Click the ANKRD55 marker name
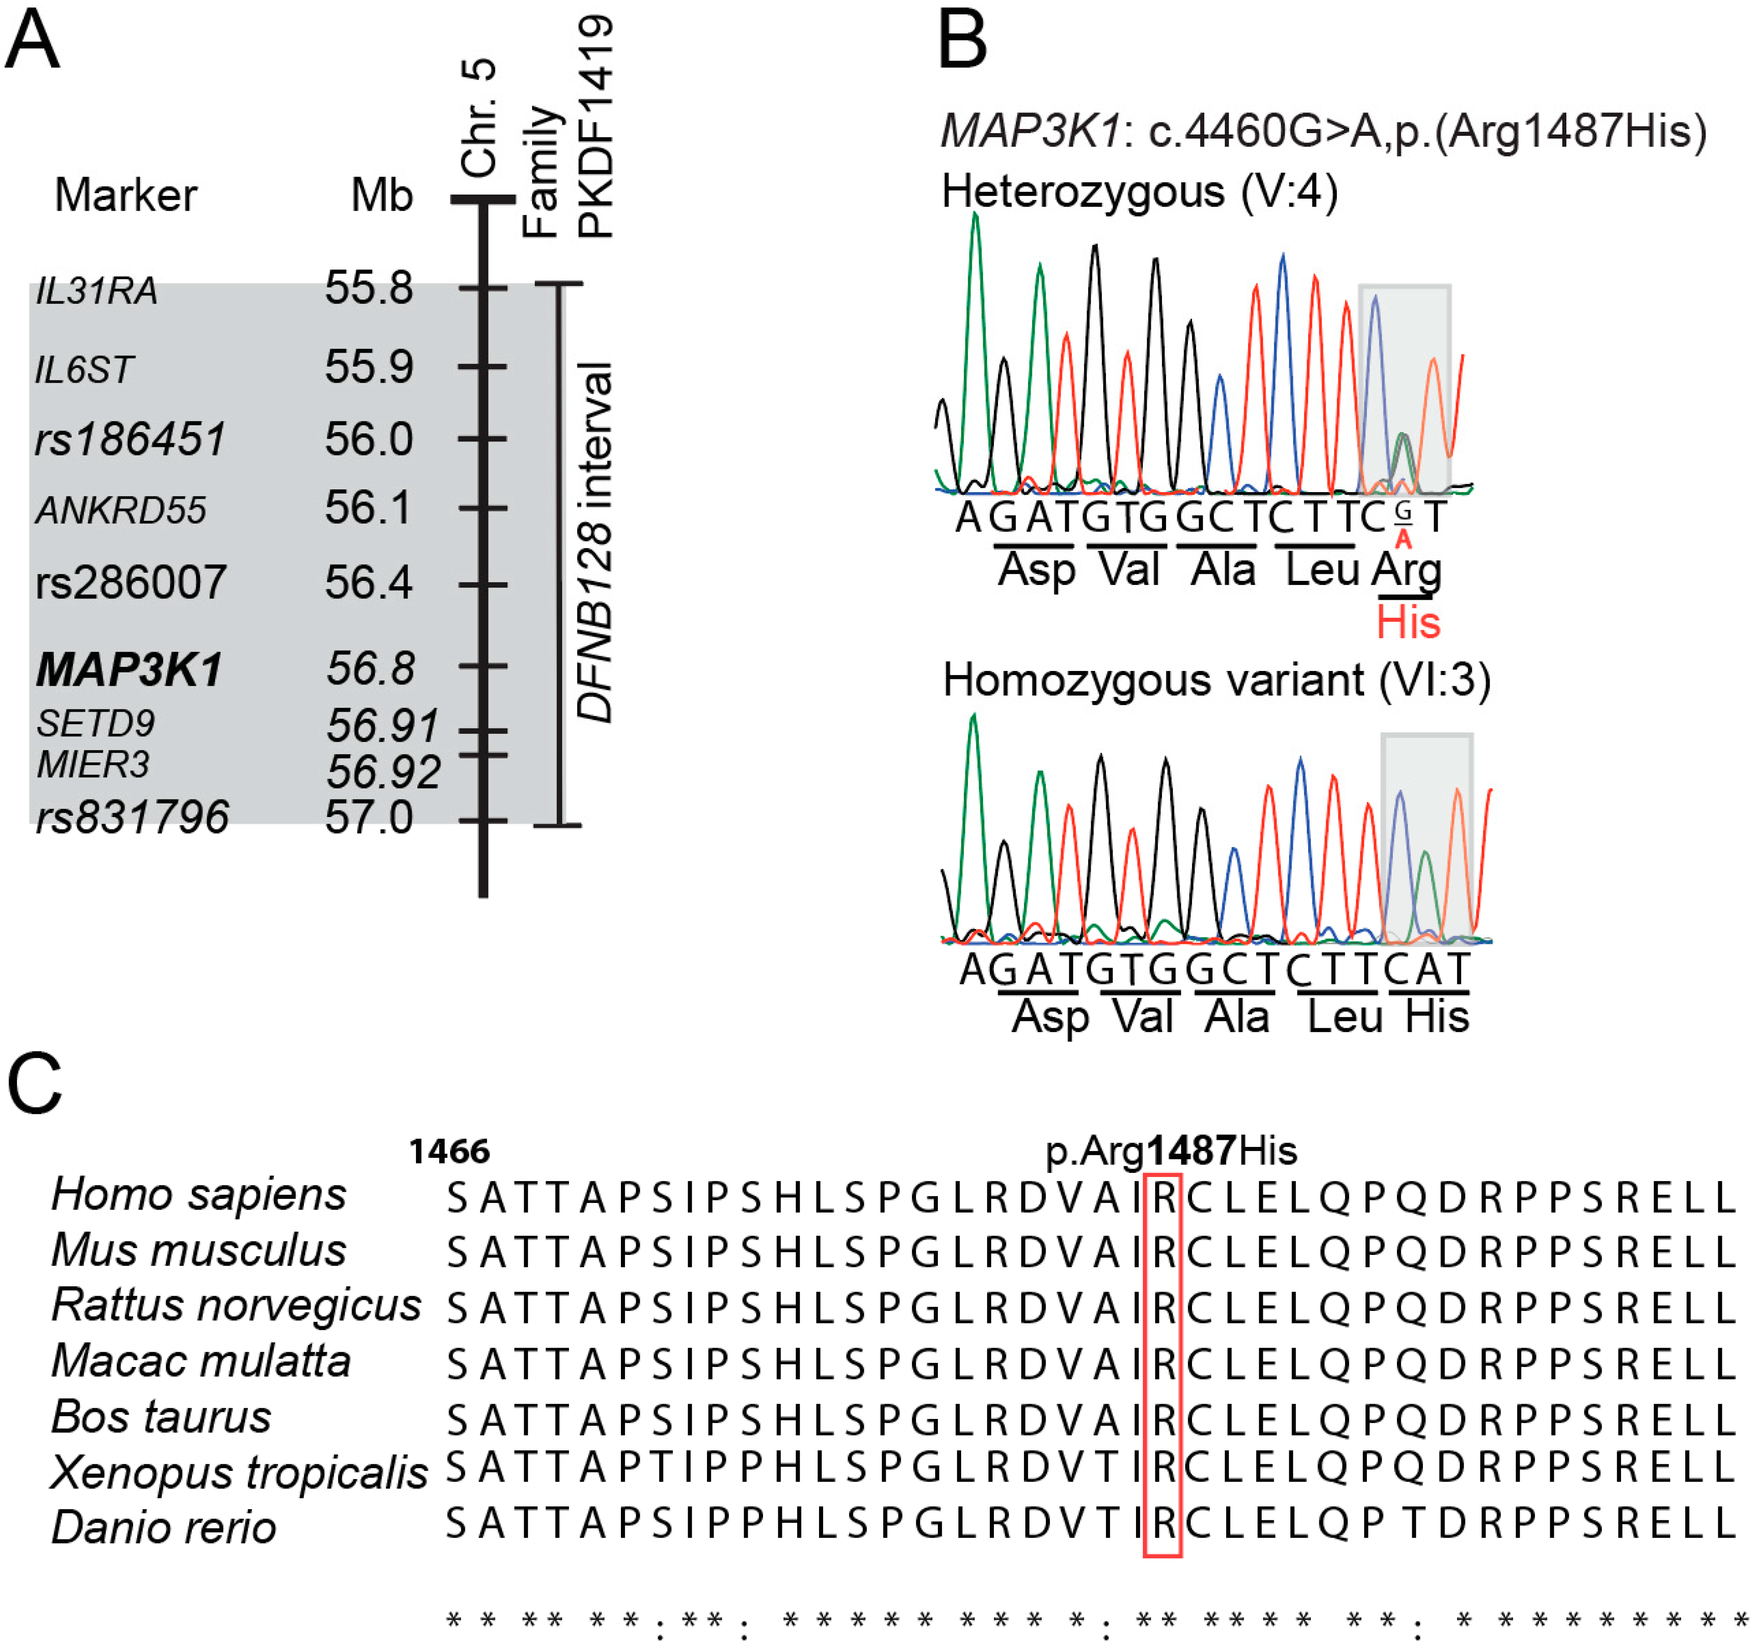coord(121,510)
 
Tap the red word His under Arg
coord(1408,623)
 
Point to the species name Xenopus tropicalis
coord(238,1472)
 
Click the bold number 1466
coord(449,1152)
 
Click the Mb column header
coord(382,195)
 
